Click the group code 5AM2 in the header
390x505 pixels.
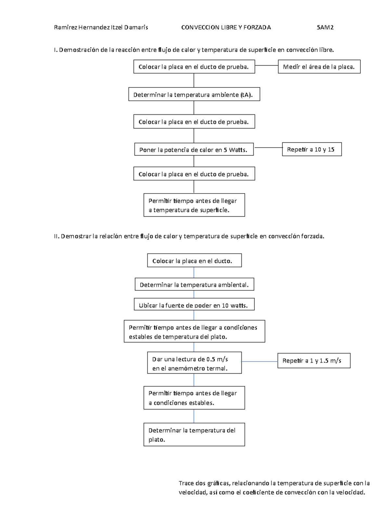pyautogui.click(x=325, y=27)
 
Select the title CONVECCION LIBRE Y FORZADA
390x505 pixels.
pyautogui.click(x=226, y=27)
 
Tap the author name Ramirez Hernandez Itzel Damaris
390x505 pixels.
pyautogui.click(x=101, y=27)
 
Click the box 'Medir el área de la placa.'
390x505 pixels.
pyautogui.click(x=319, y=67)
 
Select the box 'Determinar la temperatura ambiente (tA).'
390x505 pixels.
pyautogui.click(x=194, y=94)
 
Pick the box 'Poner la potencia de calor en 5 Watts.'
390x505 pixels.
pyautogui.click(x=194, y=149)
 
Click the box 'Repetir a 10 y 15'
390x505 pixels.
pyautogui.click(x=312, y=149)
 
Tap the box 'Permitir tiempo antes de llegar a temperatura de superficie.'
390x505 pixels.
pyautogui.click(x=194, y=205)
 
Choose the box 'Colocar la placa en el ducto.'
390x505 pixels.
pyautogui.click(x=194, y=260)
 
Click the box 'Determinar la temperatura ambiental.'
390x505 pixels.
pyautogui.click(x=194, y=284)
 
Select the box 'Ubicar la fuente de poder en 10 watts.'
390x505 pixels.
pyautogui.click(x=194, y=304)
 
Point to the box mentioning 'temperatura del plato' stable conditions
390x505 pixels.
pyautogui.click(x=194, y=331)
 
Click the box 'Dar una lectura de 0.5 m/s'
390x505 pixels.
pyautogui.click(x=194, y=363)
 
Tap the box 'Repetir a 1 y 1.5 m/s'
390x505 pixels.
pyautogui.click(x=314, y=361)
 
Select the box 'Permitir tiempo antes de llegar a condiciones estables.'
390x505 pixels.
pyautogui.click(x=194, y=398)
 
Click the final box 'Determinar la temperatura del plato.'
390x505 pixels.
pyautogui.click(x=194, y=434)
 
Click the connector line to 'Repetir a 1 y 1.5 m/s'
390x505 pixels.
pyautogui.click(x=260, y=361)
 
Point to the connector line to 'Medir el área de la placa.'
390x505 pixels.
pyautogui.click(x=266, y=66)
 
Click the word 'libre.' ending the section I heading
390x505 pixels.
pyautogui.click(x=326, y=50)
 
